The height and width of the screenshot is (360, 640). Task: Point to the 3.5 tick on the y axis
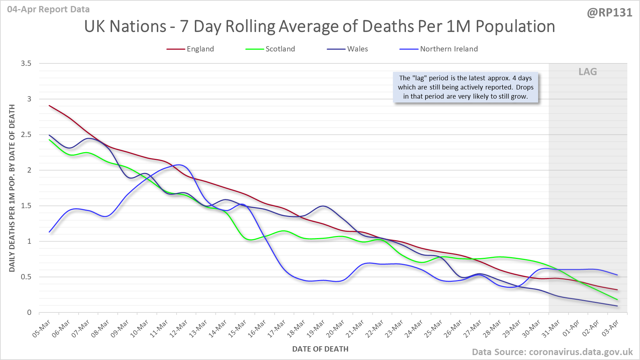click(x=26, y=63)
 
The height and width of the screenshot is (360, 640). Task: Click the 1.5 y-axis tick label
click(x=26, y=206)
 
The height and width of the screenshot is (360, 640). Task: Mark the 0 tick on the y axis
click(x=29, y=312)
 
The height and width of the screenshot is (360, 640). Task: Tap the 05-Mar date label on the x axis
click(x=42, y=328)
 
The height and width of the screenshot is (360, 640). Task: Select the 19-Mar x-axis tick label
click(x=316, y=328)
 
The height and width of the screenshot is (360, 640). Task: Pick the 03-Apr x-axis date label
click(x=610, y=328)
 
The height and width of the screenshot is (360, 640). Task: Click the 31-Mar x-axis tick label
click(x=551, y=328)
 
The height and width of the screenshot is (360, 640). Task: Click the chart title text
click(x=319, y=26)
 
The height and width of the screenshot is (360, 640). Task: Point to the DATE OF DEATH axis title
click(x=320, y=349)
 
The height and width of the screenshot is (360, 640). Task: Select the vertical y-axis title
click(x=12, y=188)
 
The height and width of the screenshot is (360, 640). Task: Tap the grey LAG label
click(x=587, y=72)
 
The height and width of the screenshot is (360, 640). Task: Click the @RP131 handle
click(x=609, y=13)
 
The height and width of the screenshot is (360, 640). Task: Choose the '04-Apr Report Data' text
click(x=48, y=9)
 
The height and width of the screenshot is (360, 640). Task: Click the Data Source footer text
click(x=552, y=352)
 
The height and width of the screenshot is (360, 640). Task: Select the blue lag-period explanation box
click(x=466, y=87)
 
